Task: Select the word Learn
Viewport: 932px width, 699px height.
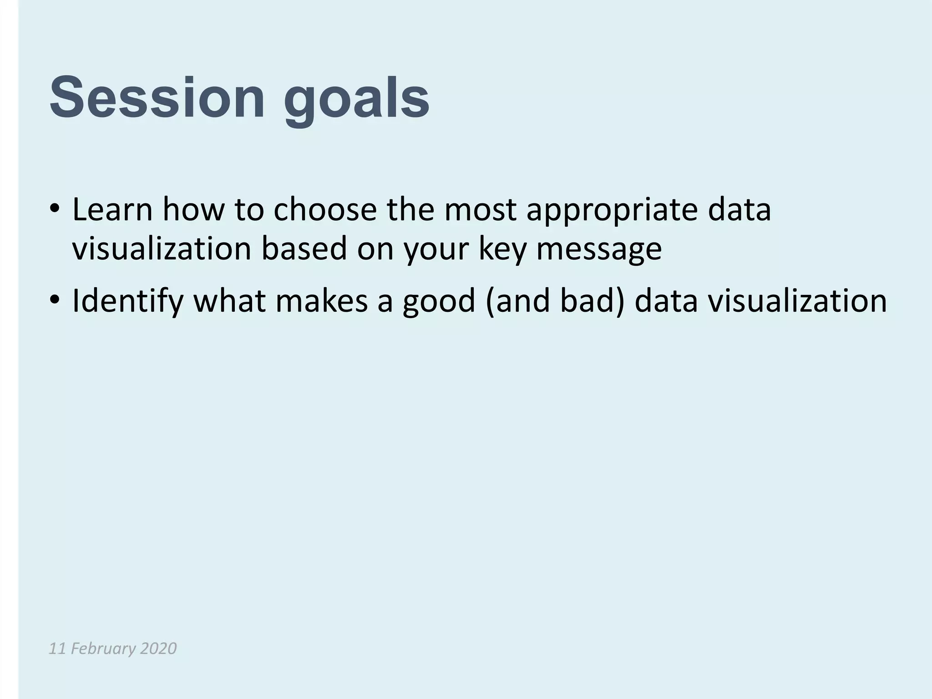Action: (x=112, y=210)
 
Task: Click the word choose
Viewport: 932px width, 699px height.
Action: (x=325, y=211)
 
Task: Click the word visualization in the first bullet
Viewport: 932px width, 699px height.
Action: (x=162, y=249)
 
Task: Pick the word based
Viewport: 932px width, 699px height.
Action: (x=304, y=249)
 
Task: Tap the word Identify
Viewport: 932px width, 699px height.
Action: (x=128, y=302)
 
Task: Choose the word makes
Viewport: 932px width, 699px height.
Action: (x=321, y=301)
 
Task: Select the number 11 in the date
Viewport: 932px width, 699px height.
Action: (x=58, y=648)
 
